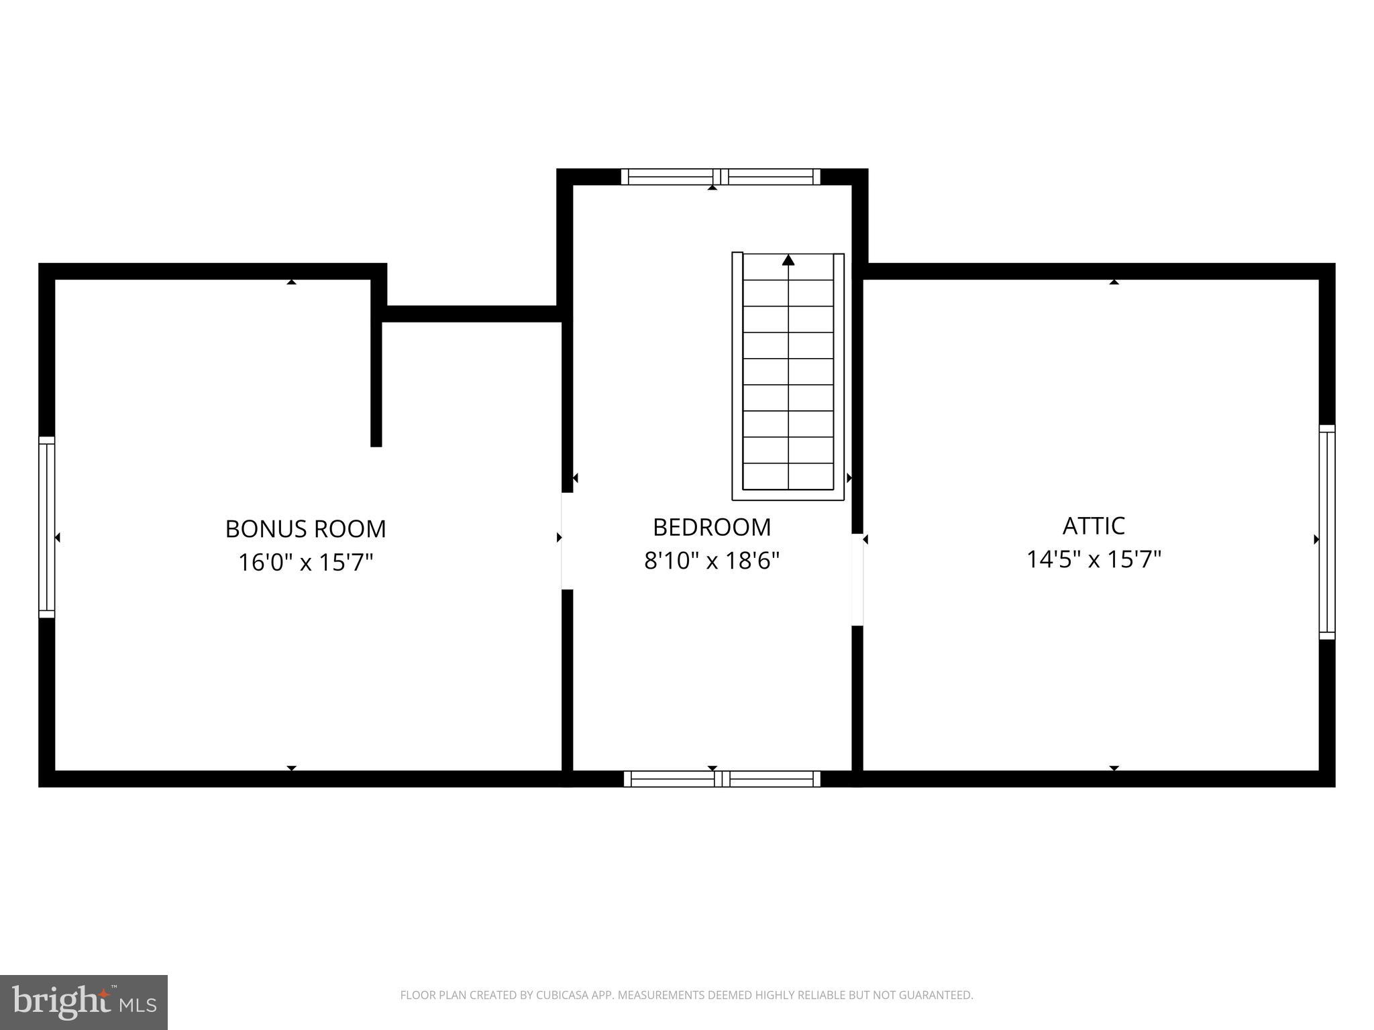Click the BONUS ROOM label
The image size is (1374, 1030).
tap(305, 529)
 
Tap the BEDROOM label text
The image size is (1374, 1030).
tap(711, 527)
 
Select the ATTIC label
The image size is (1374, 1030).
tap(1093, 526)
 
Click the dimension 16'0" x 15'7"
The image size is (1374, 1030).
tap(305, 562)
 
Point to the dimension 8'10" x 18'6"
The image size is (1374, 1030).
tap(711, 561)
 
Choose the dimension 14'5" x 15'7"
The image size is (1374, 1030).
tap(1093, 559)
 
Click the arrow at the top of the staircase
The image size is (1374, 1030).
tap(788, 260)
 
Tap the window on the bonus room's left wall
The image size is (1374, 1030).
tap(46, 527)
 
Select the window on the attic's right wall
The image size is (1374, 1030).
tap(1326, 532)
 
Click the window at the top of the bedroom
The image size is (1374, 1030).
tap(720, 177)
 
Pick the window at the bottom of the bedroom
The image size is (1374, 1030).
tap(721, 779)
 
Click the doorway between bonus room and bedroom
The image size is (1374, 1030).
tap(567, 541)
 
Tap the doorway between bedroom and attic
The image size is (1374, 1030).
tap(857, 580)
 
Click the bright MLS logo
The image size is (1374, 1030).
tap(84, 1002)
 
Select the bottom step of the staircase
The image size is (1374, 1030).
tap(788, 476)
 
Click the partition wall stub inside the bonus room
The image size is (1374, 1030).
tap(376, 382)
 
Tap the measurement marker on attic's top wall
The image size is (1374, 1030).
tap(1114, 282)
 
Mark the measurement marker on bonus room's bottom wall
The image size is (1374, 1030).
tap(291, 768)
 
